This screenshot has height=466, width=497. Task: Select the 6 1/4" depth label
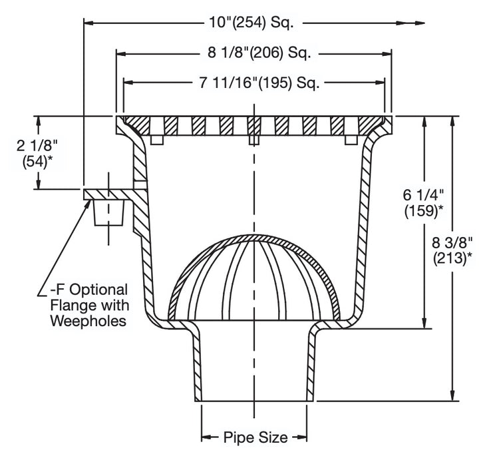(423, 196)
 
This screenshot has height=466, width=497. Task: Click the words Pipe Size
(255, 437)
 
